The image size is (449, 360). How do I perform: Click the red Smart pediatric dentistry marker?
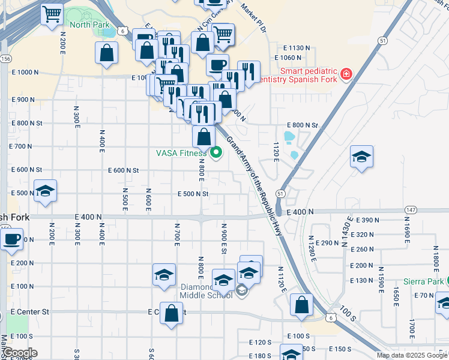pos(346,75)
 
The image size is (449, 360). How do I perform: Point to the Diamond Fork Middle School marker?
pos(241,292)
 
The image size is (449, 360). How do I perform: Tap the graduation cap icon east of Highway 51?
pos(361,157)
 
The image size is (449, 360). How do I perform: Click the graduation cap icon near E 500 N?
pos(45,191)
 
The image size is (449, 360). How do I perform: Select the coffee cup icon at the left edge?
pos(11,239)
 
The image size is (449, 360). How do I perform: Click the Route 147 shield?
pos(411,209)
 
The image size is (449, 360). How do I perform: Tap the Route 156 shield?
pos(5,59)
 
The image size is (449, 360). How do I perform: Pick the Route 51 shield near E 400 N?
pos(280,193)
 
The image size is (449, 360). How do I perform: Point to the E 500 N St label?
pos(193,194)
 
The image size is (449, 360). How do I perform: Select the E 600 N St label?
pos(124,170)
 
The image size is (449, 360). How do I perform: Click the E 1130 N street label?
pos(297,47)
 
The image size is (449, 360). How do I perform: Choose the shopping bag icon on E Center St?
pos(171,313)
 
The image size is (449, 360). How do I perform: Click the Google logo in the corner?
pos(20,353)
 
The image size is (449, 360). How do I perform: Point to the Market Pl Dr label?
pos(253,17)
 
